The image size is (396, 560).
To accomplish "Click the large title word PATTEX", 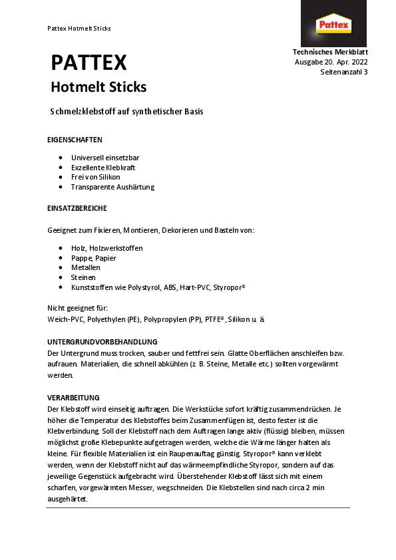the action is click(x=89, y=63).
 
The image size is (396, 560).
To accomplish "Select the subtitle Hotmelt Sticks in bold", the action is click(x=99, y=87).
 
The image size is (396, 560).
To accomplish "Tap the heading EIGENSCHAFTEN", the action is click(x=75, y=140).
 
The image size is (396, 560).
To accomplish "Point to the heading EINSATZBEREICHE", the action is click(x=77, y=208).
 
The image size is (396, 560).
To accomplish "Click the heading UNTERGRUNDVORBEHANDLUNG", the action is click(x=102, y=341).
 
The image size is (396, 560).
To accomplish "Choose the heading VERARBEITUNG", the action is click(x=73, y=398).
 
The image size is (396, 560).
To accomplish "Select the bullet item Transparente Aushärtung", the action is click(x=112, y=187).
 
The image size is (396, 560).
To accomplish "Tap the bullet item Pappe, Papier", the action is click(x=93, y=257).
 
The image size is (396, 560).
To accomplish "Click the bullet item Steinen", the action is click(x=83, y=277).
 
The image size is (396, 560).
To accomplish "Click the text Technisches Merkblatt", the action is click(x=330, y=52).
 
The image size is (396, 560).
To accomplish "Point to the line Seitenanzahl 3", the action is click(x=344, y=72).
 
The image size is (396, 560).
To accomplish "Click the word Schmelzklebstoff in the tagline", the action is click(x=83, y=112).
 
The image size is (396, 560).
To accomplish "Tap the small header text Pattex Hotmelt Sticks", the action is click(x=79, y=29).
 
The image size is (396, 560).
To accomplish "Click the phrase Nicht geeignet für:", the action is click(x=77, y=309).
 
